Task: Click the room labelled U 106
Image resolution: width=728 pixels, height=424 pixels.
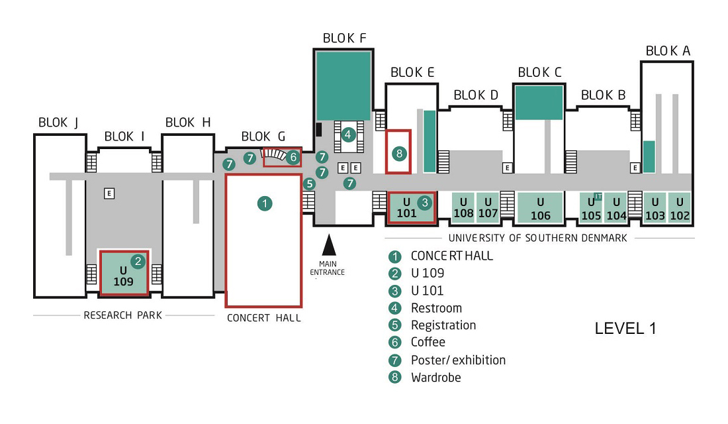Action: [x=541, y=208]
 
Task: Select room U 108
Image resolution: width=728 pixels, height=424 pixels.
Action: [x=463, y=207]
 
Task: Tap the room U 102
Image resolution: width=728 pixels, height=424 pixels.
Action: [x=679, y=208]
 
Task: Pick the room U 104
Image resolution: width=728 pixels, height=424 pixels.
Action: [x=616, y=208]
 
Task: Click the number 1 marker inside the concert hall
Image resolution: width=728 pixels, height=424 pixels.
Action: [x=265, y=203]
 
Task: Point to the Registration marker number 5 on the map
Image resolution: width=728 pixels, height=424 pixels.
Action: [x=309, y=184]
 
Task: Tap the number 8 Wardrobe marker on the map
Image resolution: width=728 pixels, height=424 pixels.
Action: [x=399, y=153]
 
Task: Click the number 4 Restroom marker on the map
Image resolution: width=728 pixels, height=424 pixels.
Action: [x=347, y=135]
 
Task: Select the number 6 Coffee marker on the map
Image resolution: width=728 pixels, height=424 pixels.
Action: [x=293, y=157]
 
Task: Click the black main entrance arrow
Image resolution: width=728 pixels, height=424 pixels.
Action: [x=329, y=245]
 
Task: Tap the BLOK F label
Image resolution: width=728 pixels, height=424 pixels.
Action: [x=345, y=38]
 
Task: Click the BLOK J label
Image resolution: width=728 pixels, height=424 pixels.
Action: [x=58, y=123]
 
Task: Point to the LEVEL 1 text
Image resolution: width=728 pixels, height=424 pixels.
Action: [x=625, y=328]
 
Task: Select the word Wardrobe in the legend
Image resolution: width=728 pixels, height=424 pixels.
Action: [x=436, y=377]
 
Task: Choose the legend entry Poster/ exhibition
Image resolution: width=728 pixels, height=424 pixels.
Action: [x=458, y=360]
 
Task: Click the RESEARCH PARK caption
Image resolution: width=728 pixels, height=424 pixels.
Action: [x=122, y=315]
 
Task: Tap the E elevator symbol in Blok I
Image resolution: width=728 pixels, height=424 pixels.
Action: [x=109, y=193]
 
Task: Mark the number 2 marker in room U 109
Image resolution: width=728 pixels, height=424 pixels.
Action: [x=138, y=261]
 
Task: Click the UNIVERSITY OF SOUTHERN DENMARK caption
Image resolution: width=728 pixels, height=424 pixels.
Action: [x=537, y=238]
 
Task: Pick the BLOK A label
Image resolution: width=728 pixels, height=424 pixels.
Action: [x=668, y=50]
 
